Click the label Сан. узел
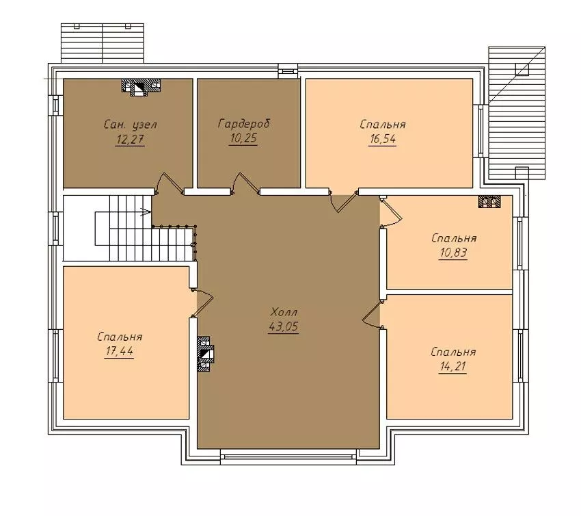pos(131,125)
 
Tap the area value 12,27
pos(130,140)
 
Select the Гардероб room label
pos(244,123)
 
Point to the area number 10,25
pos(243,138)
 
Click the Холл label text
pos(284,311)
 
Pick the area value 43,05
pos(284,326)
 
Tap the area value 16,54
pos(382,140)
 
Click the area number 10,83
pos(453,253)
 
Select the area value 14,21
pos(452,367)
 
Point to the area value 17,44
pos(119,351)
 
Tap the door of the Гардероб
pos(245,183)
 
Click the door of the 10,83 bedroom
pos(391,212)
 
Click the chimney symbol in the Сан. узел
pos(141,88)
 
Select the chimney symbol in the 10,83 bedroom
pos(489,201)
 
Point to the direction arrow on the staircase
pos(146,212)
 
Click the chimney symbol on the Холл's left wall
pos(206,354)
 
